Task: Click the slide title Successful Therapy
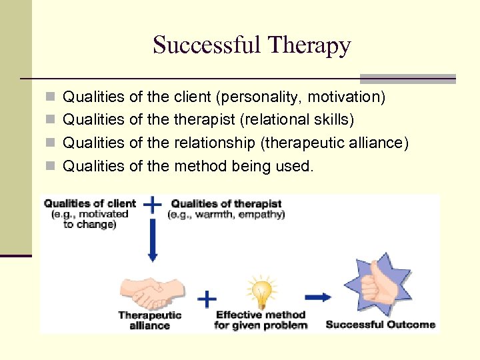[x=251, y=45]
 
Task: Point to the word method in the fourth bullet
[x=201, y=165]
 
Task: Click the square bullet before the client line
[x=51, y=97]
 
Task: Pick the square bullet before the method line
[x=51, y=165]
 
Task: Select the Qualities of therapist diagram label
[x=226, y=204]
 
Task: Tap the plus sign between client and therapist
[x=153, y=205]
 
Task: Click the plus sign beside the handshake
[x=208, y=298]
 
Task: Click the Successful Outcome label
[x=380, y=325]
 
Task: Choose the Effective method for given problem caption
[x=261, y=320]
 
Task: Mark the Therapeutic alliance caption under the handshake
[x=149, y=320]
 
